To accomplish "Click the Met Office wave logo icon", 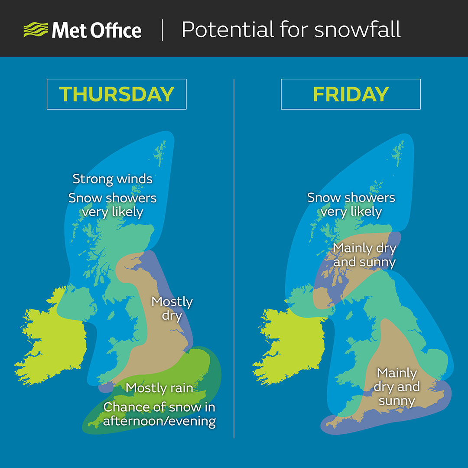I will [x=36, y=30].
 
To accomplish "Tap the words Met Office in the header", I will [x=96, y=31].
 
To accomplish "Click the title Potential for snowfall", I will [x=291, y=30].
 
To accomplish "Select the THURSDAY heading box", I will [x=117, y=94].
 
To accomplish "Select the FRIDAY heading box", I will [x=351, y=94].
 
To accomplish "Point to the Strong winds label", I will [x=112, y=179].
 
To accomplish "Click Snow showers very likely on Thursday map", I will [x=112, y=205].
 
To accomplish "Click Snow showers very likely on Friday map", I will [x=351, y=204].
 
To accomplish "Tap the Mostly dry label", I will [x=172, y=308].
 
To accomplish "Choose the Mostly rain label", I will [x=159, y=388].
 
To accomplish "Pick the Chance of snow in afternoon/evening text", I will [x=159, y=414].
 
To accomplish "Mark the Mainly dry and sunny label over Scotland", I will [x=364, y=255].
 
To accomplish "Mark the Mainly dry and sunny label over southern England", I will [x=396, y=387].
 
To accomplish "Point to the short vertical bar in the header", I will [x=162, y=30].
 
